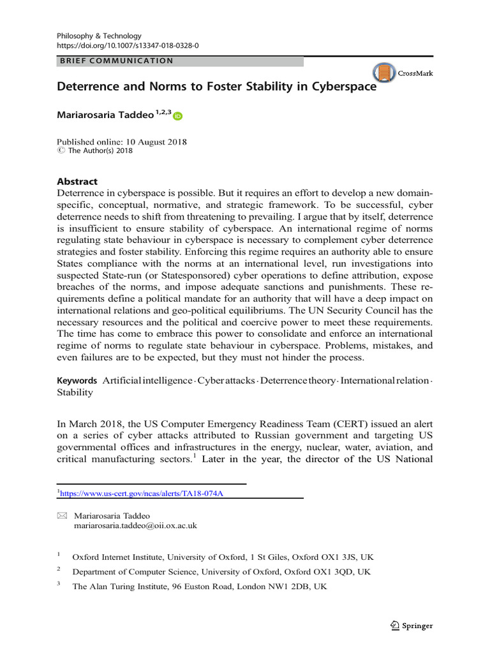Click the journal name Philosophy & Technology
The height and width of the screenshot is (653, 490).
coord(99,36)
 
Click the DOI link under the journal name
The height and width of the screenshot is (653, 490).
coord(128,47)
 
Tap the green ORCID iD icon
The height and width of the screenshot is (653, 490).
coord(177,116)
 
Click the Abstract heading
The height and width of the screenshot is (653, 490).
coord(77,181)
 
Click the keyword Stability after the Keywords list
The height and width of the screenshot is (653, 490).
coord(75,392)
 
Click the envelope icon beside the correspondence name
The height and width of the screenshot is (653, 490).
coord(62,515)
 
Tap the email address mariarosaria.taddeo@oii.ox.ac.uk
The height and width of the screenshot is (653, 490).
coord(136,526)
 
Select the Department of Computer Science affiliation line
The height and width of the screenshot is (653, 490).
coord(221,572)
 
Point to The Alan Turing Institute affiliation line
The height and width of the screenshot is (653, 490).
coord(200,587)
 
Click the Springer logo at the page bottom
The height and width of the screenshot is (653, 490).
coord(411,626)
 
